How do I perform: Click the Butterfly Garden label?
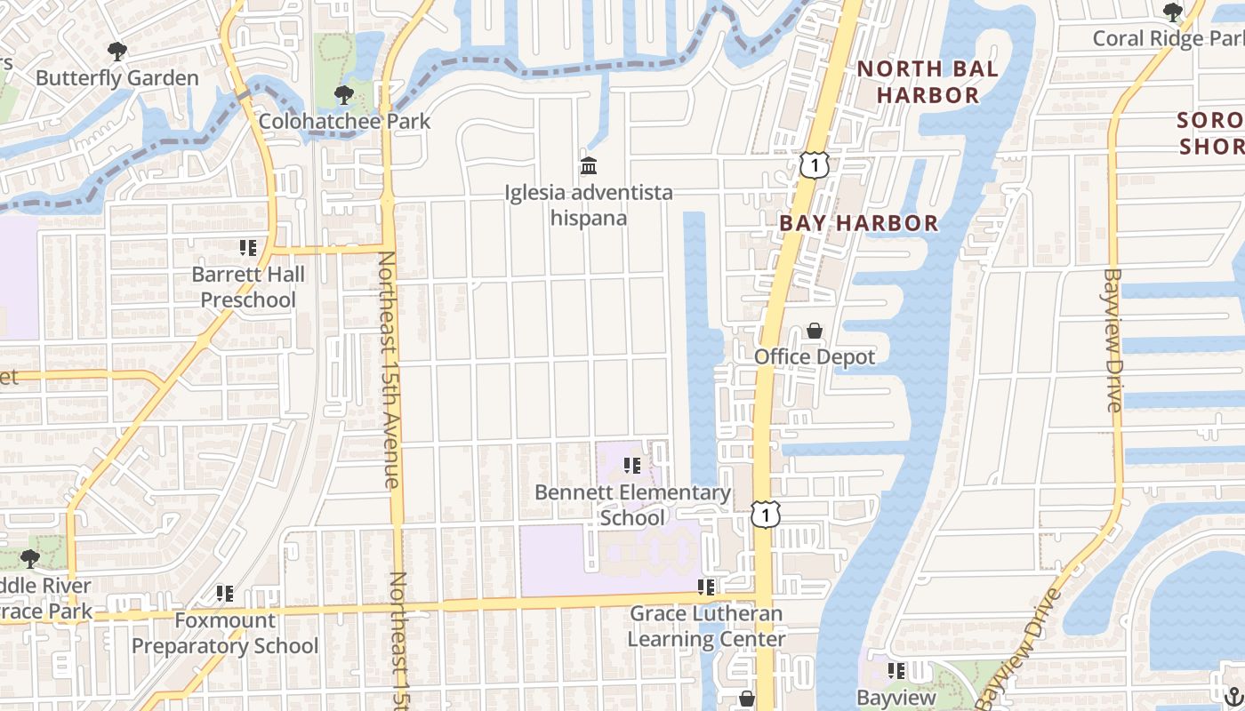116,78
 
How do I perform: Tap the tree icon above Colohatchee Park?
343,95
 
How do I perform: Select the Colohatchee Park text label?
344,121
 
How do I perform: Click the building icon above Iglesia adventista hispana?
588,165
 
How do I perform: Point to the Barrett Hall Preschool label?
248,287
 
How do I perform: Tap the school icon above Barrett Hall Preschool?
248,247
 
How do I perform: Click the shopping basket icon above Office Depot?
814,332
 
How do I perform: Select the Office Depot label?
815,357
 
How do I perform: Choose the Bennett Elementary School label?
632,505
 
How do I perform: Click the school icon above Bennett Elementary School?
632,465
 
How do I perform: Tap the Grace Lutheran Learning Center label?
706,627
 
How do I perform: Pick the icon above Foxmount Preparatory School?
225,593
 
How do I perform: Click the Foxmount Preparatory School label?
225,633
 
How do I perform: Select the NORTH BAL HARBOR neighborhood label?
928,82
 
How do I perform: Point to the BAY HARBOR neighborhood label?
858,223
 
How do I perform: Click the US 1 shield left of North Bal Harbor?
814,164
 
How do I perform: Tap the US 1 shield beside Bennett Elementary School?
765,514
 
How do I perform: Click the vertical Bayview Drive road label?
1113,340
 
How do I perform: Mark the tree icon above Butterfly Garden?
116,52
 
